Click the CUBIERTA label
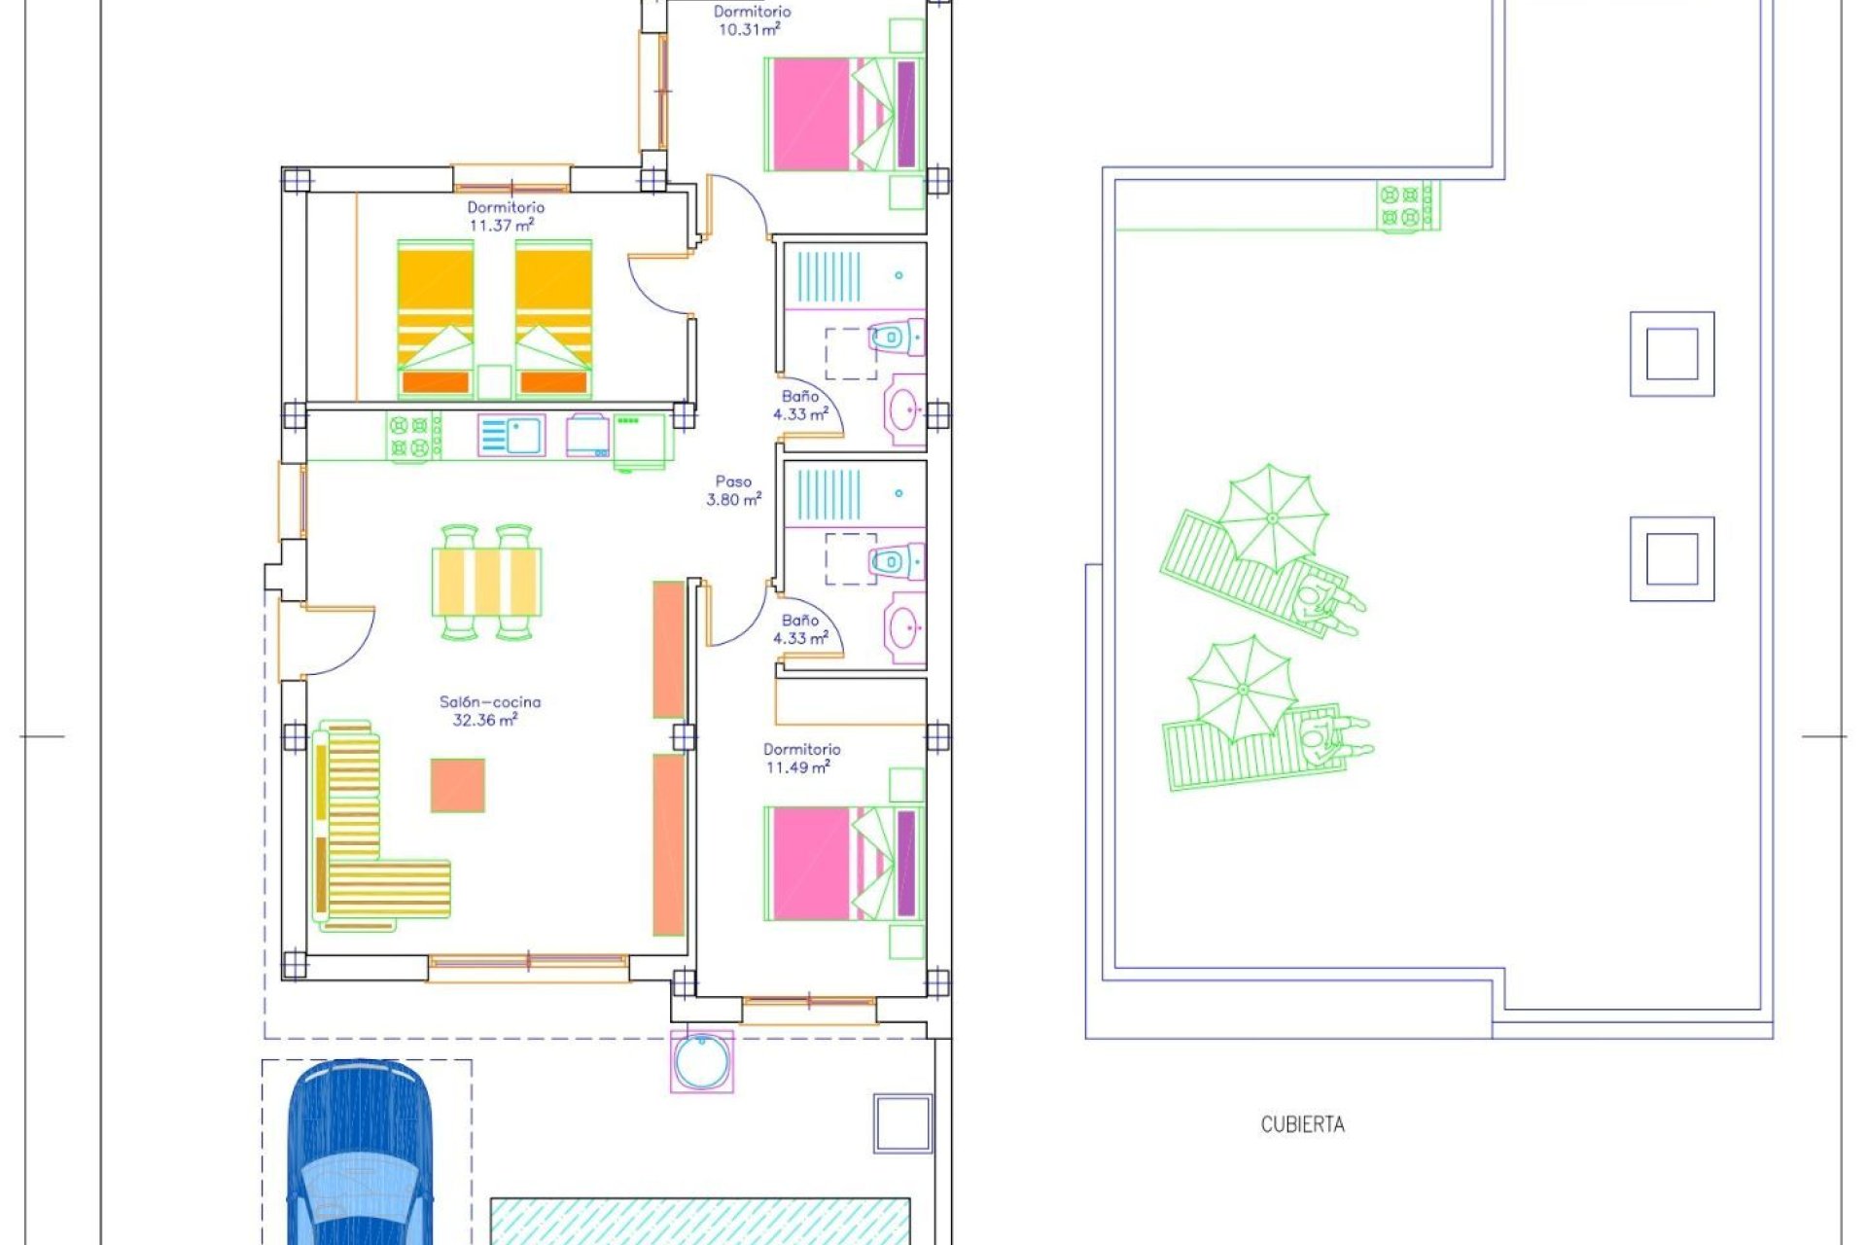pos(1302,1124)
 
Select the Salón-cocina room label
pos(489,701)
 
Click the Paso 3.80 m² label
pos(733,490)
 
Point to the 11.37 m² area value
pos(502,226)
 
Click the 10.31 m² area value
pos(749,29)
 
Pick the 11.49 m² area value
pos(797,767)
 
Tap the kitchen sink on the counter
pos(511,435)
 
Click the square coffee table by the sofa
pos(457,785)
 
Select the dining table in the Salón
pos(486,582)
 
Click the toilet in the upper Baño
pos(893,338)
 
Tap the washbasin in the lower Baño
pos(903,627)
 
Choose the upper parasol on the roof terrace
pos(1272,517)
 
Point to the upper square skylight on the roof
pos(1672,354)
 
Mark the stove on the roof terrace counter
pos(1407,206)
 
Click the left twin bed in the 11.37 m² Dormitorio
pos(435,319)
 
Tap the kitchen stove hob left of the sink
pos(413,435)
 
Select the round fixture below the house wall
pos(701,1061)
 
